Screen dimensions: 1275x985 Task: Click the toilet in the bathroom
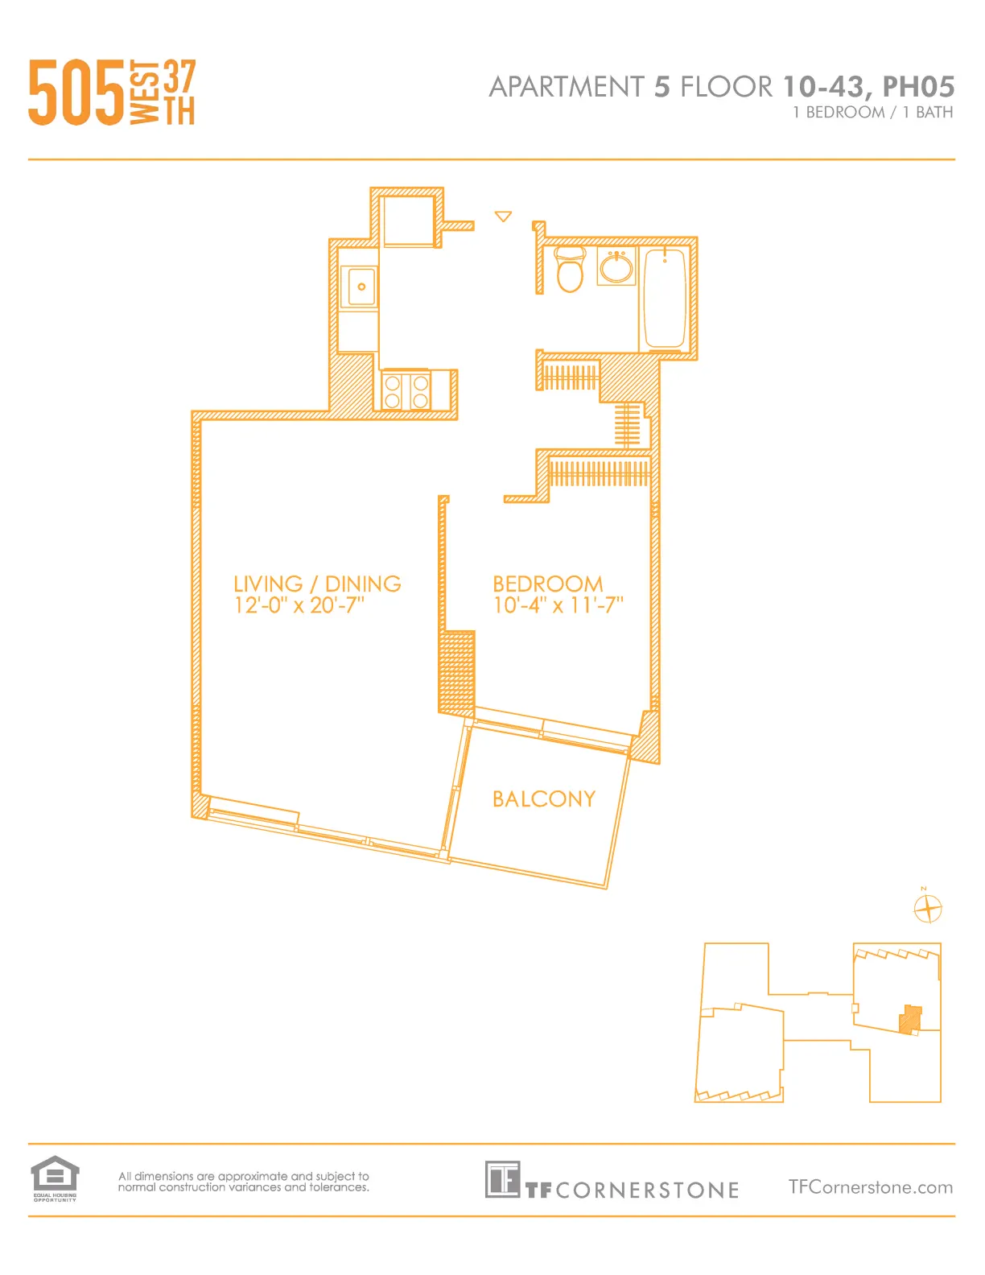click(x=570, y=270)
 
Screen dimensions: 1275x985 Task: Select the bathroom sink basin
click(x=616, y=267)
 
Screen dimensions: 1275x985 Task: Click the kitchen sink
click(x=359, y=287)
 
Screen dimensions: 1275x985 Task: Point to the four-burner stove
click(x=406, y=391)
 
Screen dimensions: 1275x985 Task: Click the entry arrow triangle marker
click(x=504, y=217)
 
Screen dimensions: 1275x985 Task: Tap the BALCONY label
click(x=544, y=799)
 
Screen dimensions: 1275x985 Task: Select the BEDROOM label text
click(x=547, y=584)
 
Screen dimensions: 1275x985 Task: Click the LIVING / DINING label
click(x=317, y=584)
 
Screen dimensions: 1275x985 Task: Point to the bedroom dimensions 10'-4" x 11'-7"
click(x=558, y=605)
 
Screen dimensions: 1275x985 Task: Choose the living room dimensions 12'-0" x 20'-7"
click(x=299, y=605)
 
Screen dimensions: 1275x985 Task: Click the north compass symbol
click(x=928, y=909)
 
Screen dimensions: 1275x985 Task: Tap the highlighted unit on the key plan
click(x=910, y=1019)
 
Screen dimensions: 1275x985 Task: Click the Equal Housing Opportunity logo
click(x=55, y=1177)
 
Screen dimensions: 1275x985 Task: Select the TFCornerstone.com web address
click(x=870, y=1187)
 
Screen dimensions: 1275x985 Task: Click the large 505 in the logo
click(x=76, y=93)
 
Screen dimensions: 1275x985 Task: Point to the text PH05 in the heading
click(x=918, y=87)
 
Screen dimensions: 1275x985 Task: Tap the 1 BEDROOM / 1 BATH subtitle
click(x=872, y=113)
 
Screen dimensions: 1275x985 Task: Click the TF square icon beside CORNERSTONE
click(x=502, y=1179)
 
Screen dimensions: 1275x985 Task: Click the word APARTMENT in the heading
click(x=567, y=87)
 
